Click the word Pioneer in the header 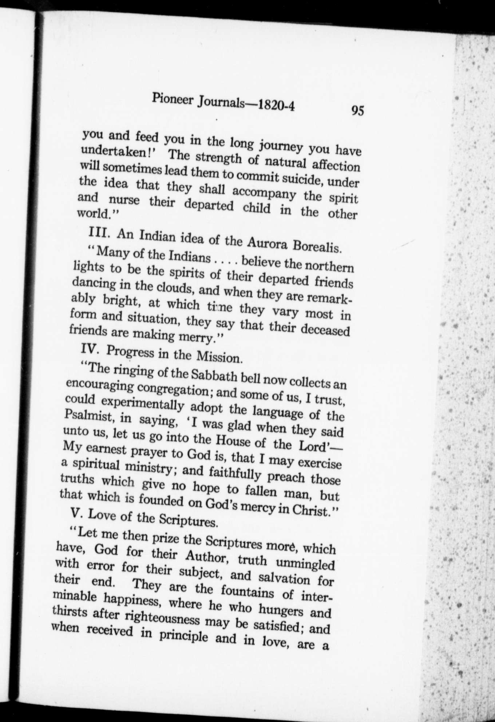[173, 99]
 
